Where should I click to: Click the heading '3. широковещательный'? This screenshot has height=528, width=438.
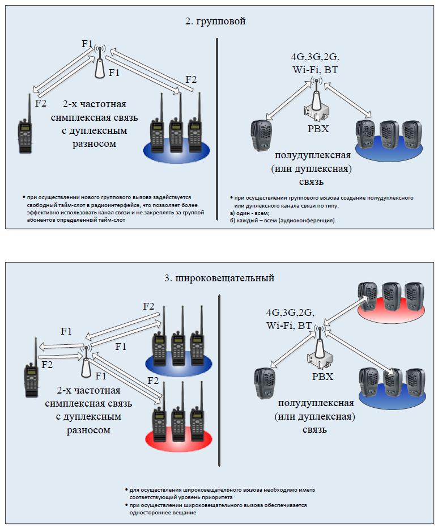pyautogui.click(x=219, y=278)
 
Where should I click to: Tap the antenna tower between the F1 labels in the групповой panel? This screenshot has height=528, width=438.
pyautogui.click(x=99, y=64)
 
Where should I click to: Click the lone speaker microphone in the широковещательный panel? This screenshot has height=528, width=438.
pyautogui.click(x=264, y=383)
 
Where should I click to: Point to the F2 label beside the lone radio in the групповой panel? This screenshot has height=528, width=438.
pyautogui.click(x=41, y=103)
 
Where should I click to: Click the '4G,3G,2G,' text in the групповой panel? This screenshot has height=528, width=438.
pyautogui.click(x=314, y=58)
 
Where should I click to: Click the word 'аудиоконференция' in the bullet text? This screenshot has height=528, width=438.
pyautogui.click(x=306, y=220)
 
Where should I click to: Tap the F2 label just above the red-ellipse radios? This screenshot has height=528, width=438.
pyautogui.click(x=153, y=380)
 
